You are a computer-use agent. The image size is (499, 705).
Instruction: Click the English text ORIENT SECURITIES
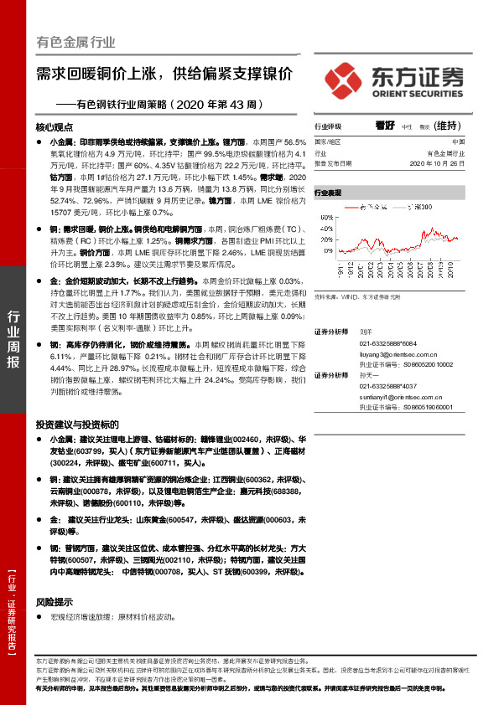coord(417,94)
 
